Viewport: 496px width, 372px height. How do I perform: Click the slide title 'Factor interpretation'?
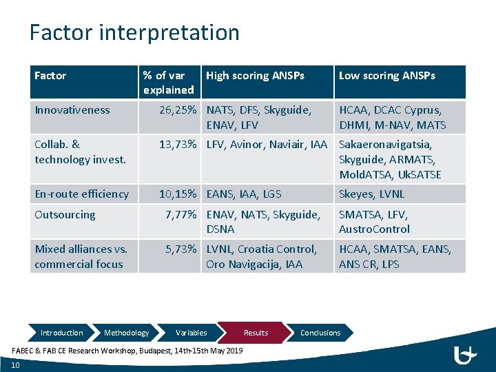134,32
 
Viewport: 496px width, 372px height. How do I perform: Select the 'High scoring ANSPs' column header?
255,76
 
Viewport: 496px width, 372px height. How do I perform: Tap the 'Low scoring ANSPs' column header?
386,76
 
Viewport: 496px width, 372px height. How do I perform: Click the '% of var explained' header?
168,83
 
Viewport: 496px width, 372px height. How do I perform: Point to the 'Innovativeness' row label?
72,110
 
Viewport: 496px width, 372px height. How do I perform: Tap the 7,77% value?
180,215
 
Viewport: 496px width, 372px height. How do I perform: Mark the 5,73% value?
180,249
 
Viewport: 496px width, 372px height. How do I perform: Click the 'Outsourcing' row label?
65,215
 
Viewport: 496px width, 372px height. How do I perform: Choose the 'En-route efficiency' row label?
81,194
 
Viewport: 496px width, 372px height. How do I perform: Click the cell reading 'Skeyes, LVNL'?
371,194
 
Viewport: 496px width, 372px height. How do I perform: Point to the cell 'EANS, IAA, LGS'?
243,194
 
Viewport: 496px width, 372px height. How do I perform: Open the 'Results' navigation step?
256,333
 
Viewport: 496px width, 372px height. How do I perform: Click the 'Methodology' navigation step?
126,333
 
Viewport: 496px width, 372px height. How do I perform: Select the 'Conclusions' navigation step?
320,333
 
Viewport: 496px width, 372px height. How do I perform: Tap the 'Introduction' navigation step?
61,333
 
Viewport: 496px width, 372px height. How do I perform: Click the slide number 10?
15,365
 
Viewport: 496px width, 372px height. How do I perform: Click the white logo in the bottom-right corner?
466,355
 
